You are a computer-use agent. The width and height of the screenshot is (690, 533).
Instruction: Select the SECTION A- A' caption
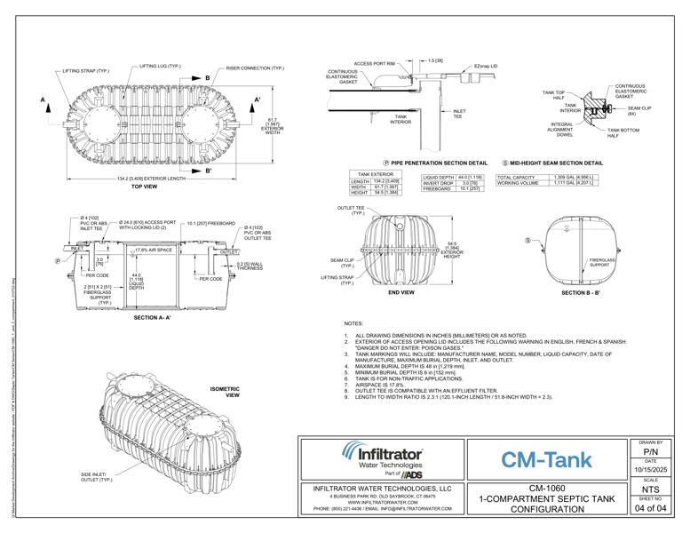(x=158, y=317)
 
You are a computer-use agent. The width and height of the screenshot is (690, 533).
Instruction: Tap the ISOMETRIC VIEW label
(x=226, y=392)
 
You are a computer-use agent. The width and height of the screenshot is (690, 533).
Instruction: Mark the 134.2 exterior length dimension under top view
(x=151, y=178)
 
